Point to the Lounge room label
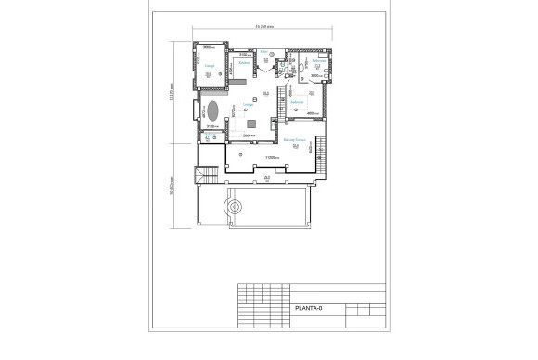(248, 105)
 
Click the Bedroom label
(297, 103)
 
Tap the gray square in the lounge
(251, 124)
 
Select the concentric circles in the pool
(234, 207)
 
